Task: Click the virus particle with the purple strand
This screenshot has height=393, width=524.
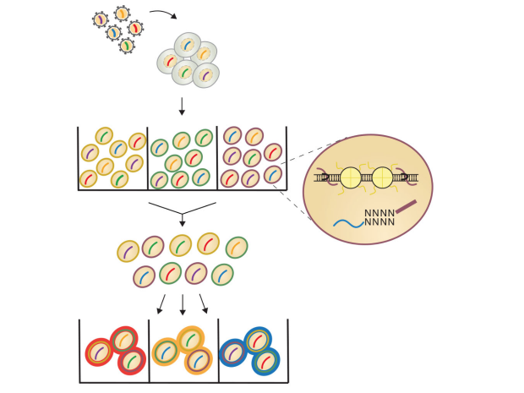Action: tap(101, 19)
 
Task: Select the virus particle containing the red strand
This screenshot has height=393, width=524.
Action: tap(135, 28)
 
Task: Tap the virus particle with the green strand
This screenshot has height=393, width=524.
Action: tap(127, 46)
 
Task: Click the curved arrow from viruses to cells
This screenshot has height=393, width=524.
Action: tap(163, 14)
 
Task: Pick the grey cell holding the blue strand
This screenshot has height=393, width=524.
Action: tap(188, 45)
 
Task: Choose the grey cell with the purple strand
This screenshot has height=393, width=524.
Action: tap(206, 75)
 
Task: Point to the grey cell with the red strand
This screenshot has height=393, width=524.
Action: tap(169, 61)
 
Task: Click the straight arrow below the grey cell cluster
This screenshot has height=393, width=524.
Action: tap(182, 106)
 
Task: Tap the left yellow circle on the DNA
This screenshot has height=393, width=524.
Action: tap(351, 177)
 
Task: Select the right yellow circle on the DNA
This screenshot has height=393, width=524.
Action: tap(383, 177)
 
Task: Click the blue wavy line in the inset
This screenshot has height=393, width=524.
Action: tap(348, 223)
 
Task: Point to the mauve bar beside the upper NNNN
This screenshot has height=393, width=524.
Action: tap(407, 206)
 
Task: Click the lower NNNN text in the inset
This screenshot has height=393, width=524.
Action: tap(379, 222)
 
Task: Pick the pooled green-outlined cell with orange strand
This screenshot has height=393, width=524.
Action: tap(237, 248)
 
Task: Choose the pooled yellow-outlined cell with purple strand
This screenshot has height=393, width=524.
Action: tap(128, 251)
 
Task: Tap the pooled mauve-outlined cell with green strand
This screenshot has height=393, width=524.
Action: tap(153, 247)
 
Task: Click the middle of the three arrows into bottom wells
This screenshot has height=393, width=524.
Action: tap(182, 304)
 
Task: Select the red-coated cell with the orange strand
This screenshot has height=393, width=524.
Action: tap(123, 340)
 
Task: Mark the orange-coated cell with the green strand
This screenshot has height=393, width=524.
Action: tap(191, 340)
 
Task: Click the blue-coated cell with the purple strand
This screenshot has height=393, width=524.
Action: tap(233, 352)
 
